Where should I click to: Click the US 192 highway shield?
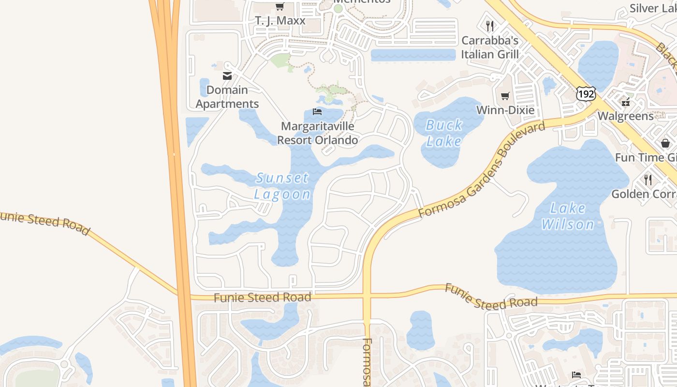[x=586, y=93]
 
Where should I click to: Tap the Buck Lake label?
[x=444, y=133]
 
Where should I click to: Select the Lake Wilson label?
[x=568, y=216]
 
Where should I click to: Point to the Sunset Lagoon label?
[x=282, y=186]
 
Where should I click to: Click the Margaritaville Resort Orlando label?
[x=318, y=133]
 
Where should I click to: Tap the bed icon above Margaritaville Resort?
[x=317, y=112]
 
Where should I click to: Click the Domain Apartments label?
[x=227, y=97]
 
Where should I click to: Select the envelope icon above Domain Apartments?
[x=227, y=75]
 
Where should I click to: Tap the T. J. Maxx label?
[x=280, y=21]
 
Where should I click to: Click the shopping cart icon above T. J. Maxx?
[x=280, y=6]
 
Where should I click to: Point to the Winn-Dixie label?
[x=505, y=110]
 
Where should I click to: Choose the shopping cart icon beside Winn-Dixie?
[x=505, y=96]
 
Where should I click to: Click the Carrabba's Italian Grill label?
[x=490, y=47]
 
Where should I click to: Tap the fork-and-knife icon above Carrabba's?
[x=490, y=26]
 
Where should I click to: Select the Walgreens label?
[x=626, y=116]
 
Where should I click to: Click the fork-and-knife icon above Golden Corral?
[x=648, y=179]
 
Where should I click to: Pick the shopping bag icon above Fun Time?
[x=665, y=143]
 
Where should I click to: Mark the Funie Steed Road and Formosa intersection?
[x=367, y=296]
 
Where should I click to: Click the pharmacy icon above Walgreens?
[x=626, y=102]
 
